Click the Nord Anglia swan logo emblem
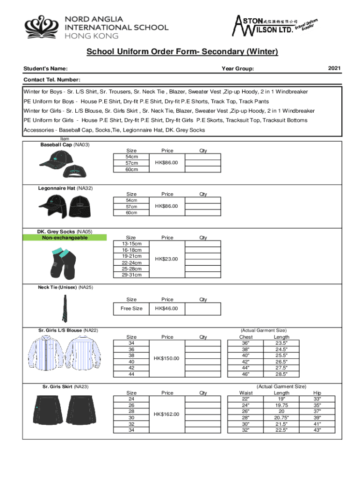point(41,28)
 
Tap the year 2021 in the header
point(334,69)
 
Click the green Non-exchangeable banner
point(65,238)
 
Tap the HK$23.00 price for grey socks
point(167,259)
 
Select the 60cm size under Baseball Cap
point(131,169)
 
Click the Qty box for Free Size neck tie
point(203,309)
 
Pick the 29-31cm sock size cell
point(131,275)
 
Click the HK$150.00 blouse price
point(167,358)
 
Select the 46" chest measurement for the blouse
point(245,374)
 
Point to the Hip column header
point(317,393)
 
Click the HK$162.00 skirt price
point(167,414)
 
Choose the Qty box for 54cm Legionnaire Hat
point(203,200)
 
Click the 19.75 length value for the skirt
point(281,405)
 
